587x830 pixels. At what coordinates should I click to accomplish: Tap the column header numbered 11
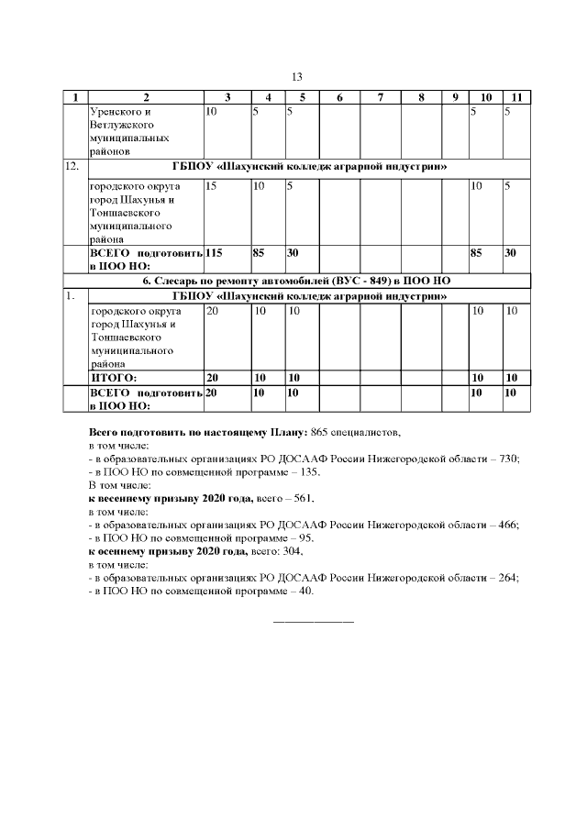[x=516, y=98]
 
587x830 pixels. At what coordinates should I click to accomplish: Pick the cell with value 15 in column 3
[x=211, y=186]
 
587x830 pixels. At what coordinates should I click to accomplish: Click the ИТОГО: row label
[x=113, y=377]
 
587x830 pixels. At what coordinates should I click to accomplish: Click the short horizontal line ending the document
[x=314, y=624]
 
